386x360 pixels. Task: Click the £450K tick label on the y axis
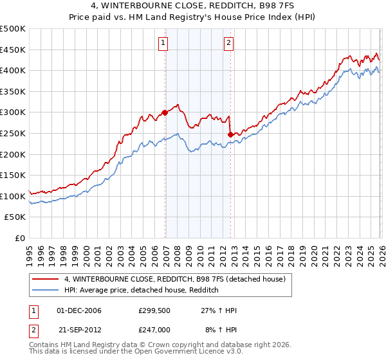[13, 50]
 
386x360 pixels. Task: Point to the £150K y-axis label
[13, 175]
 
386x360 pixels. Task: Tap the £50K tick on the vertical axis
[15, 217]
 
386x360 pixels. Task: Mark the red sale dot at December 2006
[165, 113]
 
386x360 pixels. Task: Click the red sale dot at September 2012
[230, 134]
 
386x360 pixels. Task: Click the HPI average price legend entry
[142, 291]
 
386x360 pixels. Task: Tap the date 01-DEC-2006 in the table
[79, 310]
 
